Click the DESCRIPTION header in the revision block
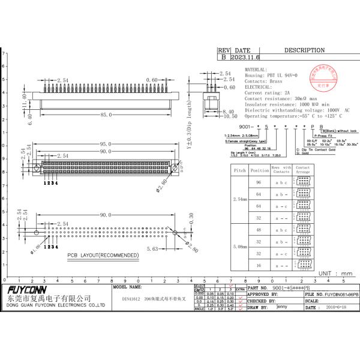coord(304,50)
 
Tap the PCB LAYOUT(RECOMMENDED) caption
coord(102,256)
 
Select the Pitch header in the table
coord(239,170)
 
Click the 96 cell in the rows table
coord(259,182)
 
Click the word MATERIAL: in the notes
coord(258,70)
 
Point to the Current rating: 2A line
coord(268,93)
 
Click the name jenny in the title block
coord(283,307)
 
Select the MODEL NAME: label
coord(128,288)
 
